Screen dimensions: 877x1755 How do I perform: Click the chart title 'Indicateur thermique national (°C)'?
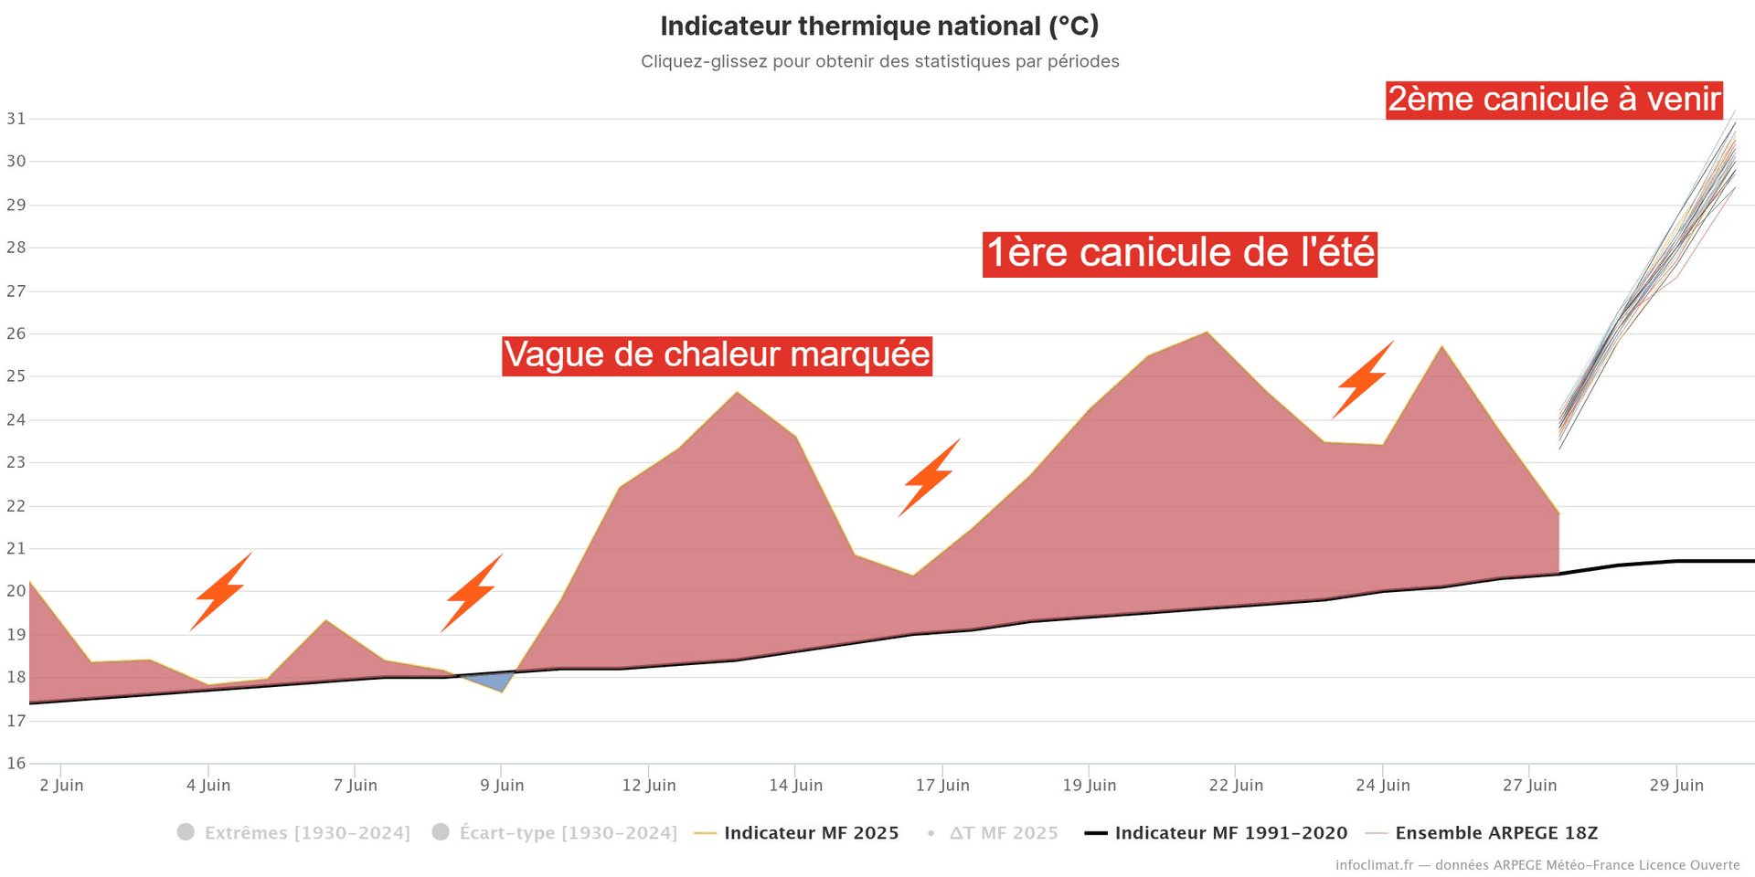[x=879, y=26]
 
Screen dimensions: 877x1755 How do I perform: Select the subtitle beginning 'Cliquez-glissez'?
[x=879, y=62]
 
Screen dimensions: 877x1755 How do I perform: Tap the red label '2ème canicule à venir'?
[x=1554, y=100]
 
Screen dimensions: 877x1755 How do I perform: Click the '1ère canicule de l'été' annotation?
[x=1179, y=253]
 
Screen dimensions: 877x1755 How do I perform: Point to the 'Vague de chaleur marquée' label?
[x=717, y=354]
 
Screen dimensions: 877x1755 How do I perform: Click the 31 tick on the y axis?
[x=16, y=119]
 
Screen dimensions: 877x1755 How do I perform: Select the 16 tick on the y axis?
[x=16, y=764]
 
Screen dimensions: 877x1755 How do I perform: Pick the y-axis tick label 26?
[x=16, y=333]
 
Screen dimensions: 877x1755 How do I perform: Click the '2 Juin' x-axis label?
[x=61, y=786]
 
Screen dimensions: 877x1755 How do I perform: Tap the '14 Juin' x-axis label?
[x=795, y=786]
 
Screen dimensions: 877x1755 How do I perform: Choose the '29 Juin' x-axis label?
[x=1676, y=786]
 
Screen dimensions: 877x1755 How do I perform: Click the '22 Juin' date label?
[x=1236, y=786]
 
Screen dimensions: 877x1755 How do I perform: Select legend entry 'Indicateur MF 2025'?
[x=811, y=833]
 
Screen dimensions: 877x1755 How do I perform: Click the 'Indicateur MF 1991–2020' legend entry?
[x=1230, y=833]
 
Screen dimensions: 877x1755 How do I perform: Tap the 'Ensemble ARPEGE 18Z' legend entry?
[x=1495, y=833]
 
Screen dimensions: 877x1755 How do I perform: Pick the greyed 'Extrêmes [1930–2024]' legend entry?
[x=306, y=833]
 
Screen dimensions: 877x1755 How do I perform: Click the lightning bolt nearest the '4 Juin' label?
[x=220, y=592]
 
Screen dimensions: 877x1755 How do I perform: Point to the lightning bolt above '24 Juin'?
[x=1362, y=381]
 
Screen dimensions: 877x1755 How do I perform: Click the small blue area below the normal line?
[x=495, y=681]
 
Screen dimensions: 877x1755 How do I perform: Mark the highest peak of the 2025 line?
[x=1207, y=333]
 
